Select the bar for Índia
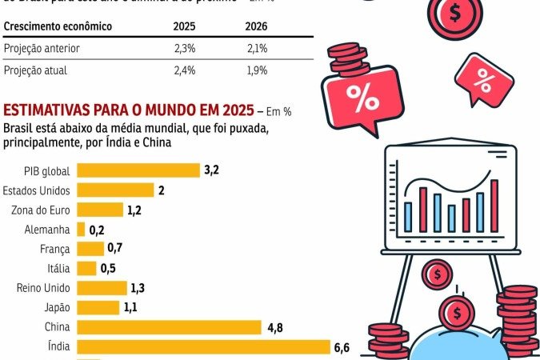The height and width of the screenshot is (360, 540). coord(203,346)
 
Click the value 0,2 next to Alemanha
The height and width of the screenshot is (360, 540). coord(97,230)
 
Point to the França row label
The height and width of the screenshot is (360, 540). coord(54,249)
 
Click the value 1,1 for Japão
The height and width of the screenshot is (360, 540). coord(133,306)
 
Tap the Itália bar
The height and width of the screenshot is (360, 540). coord(86,268)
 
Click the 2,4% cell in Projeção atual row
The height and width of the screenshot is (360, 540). coord(185,70)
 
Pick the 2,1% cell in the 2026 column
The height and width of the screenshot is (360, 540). coord(256,49)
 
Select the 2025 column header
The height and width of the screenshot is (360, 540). coord(185,26)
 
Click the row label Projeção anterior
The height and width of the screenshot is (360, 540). coord(42,49)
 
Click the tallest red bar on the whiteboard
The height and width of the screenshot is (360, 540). coord(494,205)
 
